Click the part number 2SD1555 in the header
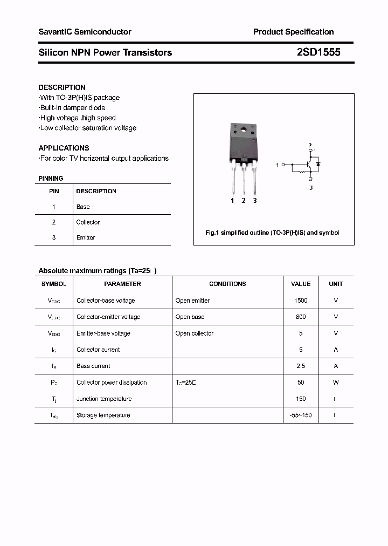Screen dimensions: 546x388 318,52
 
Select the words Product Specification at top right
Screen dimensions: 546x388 293,32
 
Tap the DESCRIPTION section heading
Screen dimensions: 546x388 62,87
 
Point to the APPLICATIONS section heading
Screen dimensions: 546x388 64,148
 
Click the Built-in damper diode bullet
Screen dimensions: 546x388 72,108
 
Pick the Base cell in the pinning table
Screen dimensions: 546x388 83,207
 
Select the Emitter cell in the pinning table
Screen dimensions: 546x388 86,237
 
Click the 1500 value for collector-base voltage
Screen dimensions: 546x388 301,301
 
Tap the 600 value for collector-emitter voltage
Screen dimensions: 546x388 301,317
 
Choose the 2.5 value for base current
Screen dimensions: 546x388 301,366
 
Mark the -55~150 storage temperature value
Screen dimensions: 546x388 301,415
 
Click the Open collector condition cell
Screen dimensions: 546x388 195,333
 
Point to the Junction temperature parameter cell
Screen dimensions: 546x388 104,399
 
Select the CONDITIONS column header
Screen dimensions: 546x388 227,284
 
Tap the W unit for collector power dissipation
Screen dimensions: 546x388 336,383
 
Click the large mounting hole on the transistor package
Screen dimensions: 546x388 244,129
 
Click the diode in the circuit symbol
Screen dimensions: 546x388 318,163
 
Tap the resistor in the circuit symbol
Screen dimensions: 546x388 302,172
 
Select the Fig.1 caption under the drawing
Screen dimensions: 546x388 273,233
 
